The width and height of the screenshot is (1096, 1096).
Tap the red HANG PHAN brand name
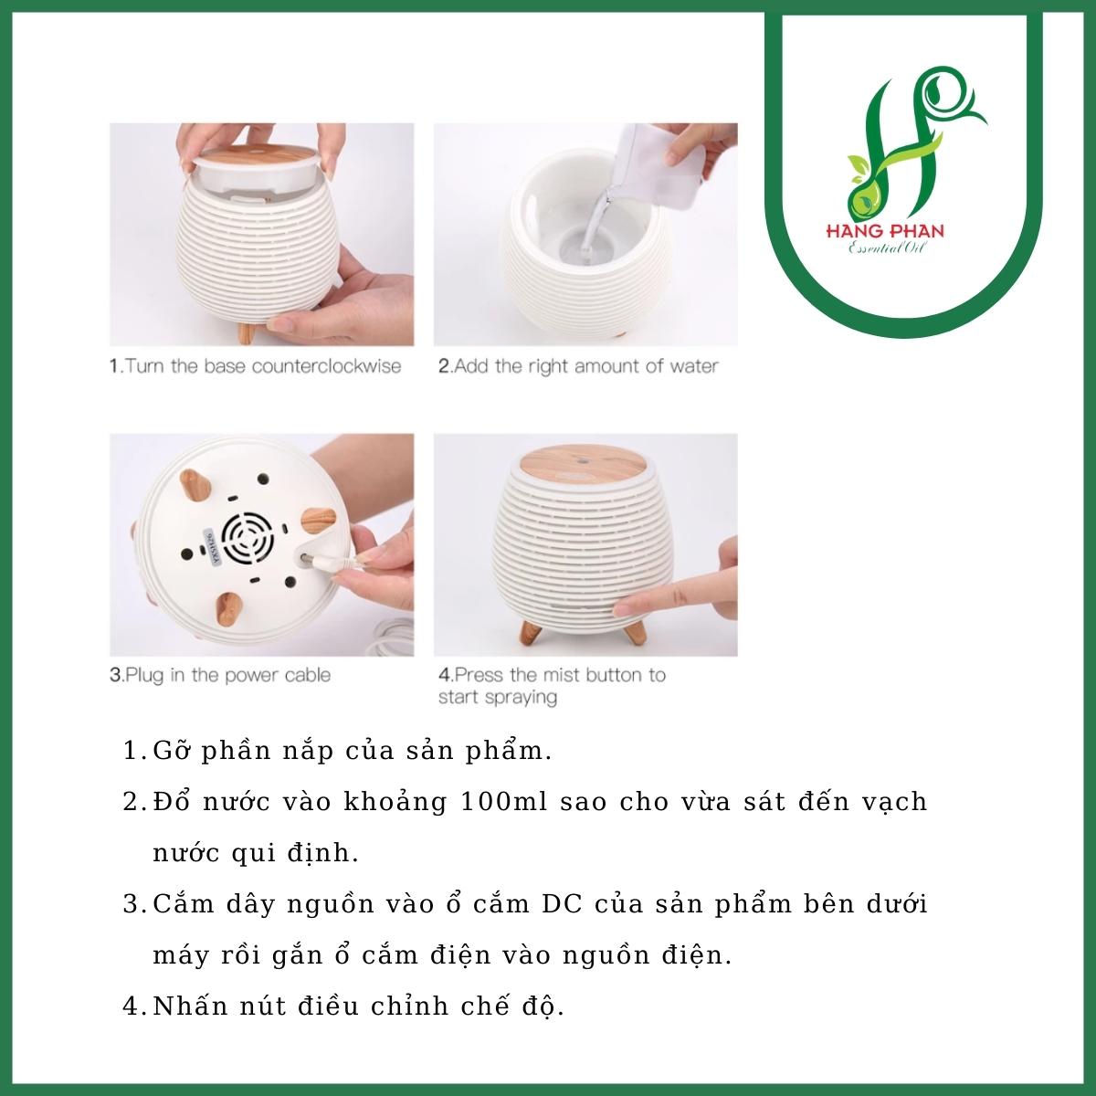(x=885, y=231)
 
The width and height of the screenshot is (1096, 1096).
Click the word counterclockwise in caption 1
(x=326, y=365)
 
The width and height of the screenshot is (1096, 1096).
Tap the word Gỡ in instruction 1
(x=171, y=751)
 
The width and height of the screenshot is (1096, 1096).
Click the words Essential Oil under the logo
(x=885, y=248)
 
